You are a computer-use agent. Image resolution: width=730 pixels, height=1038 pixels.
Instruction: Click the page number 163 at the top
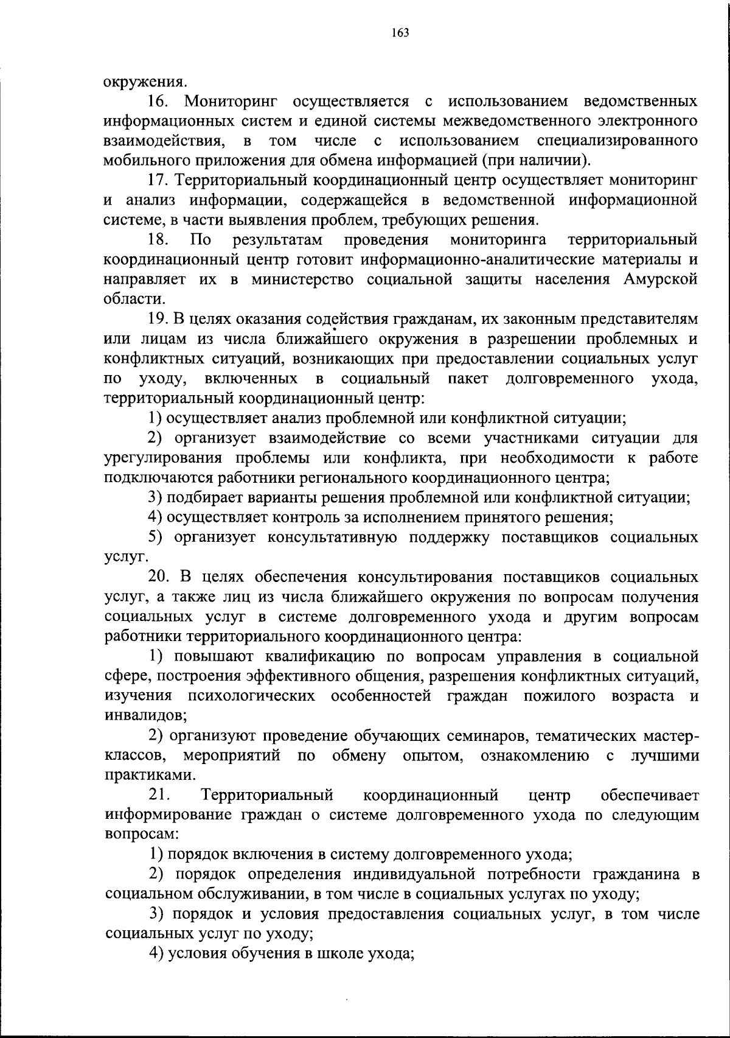[x=400, y=32]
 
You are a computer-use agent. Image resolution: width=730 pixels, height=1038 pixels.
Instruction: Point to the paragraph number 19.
[x=161, y=319]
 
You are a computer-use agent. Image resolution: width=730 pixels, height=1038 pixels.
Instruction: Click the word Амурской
[x=660, y=279]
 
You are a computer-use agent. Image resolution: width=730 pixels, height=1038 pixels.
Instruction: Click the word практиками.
[x=142, y=776]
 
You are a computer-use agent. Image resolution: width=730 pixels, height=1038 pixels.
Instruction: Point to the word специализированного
[x=617, y=141]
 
